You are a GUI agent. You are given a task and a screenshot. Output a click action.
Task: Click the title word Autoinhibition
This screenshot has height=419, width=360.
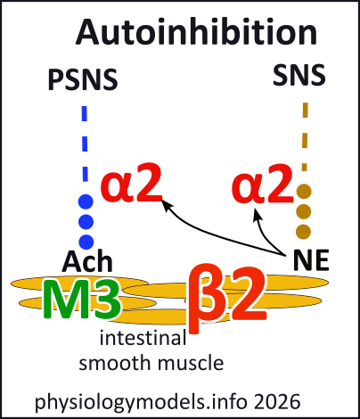pyautogui.click(x=196, y=32)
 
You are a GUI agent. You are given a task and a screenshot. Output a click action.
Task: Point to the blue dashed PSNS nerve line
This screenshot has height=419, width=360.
pyautogui.click(x=86, y=143)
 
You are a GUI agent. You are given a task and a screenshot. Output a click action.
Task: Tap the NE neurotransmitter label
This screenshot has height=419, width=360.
pyautogui.click(x=311, y=261)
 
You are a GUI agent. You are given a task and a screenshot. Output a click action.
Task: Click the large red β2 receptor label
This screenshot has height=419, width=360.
pyautogui.click(x=225, y=297)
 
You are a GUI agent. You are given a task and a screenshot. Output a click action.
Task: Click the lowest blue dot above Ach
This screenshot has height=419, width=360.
pyautogui.click(x=86, y=241)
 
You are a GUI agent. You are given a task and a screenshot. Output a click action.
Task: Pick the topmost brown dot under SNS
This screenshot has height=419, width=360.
pyautogui.click(x=305, y=190)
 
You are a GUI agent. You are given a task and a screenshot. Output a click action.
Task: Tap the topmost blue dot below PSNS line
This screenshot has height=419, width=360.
pyautogui.click(x=86, y=201)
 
